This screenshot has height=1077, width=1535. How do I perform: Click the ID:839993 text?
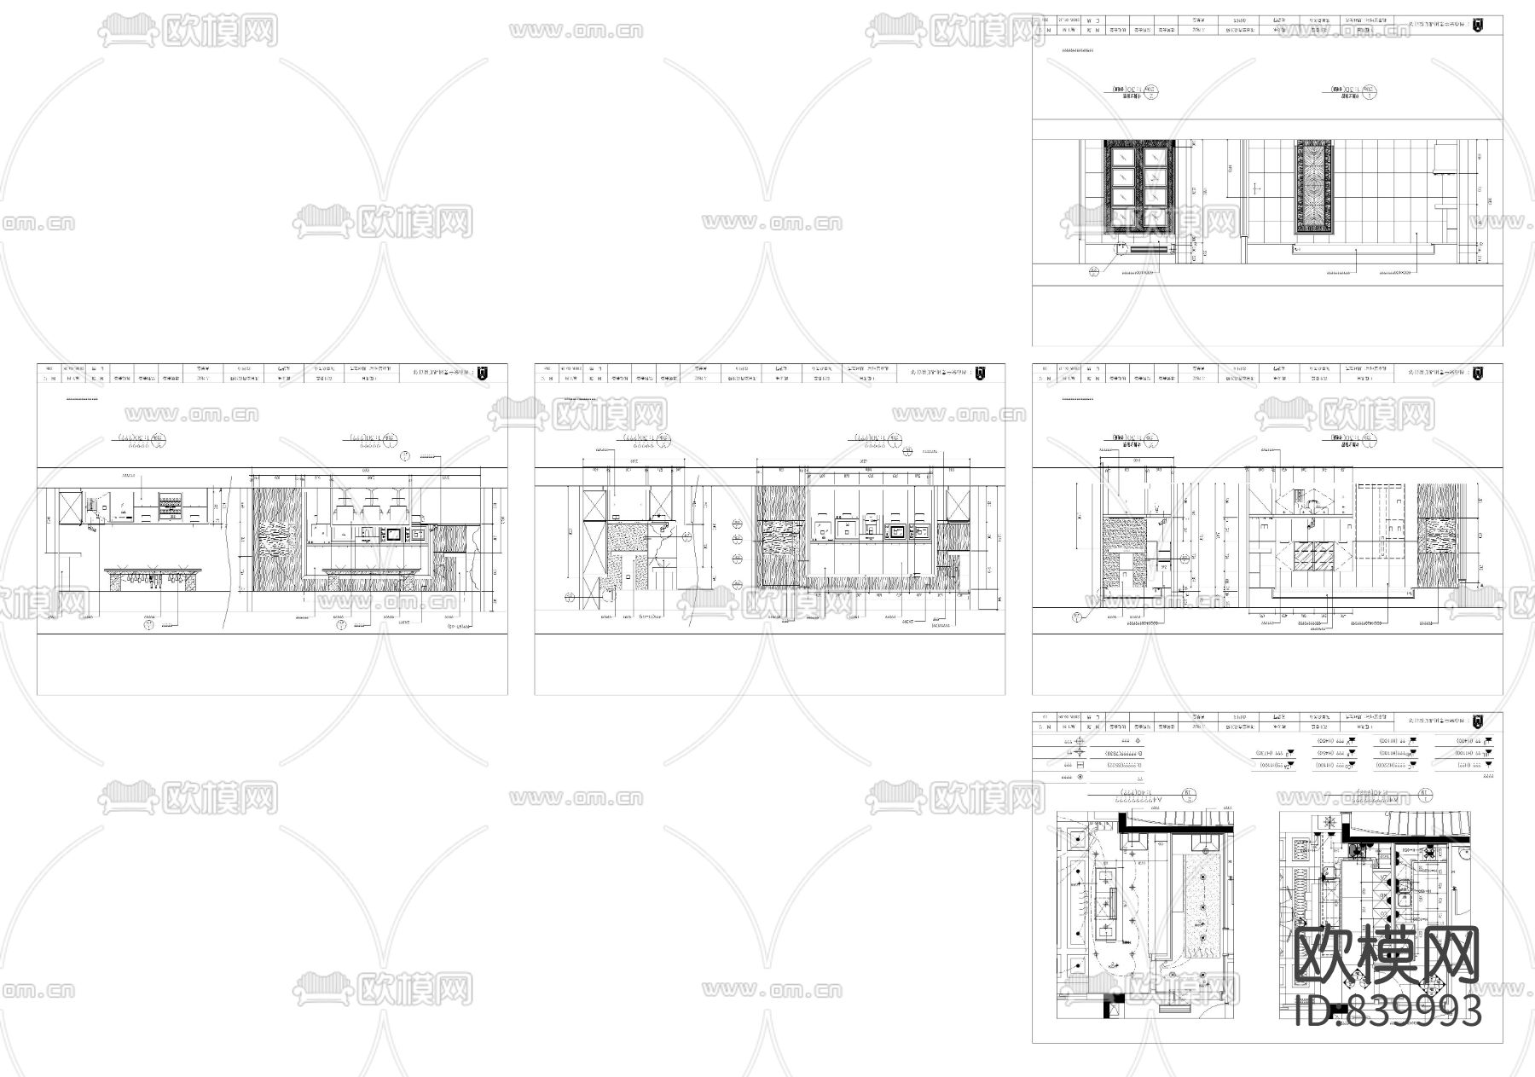pyautogui.click(x=1387, y=1011)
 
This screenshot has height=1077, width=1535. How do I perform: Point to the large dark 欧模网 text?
pyautogui.click(x=1387, y=954)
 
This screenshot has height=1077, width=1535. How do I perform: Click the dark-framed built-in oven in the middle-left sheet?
pyautogui.click(x=393, y=535)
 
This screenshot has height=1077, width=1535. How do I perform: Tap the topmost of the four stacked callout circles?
pyautogui.click(x=735, y=523)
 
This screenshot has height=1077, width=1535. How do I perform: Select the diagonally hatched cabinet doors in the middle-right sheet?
pyautogui.click(x=1311, y=559)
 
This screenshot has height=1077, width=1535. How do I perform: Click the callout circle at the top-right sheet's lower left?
pyautogui.click(x=1094, y=273)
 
